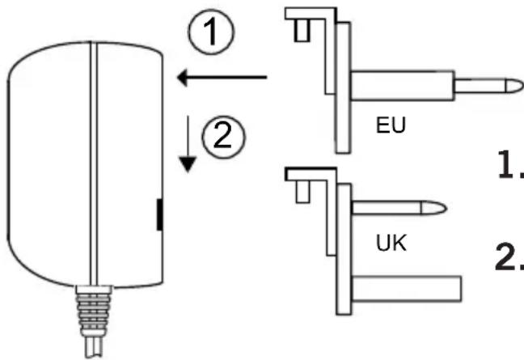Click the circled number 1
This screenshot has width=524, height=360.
[211, 32]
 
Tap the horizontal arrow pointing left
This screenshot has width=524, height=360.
[222, 78]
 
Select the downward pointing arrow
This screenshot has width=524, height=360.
[188, 144]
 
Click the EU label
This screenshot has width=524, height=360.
[391, 125]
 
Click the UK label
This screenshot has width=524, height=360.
[391, 243]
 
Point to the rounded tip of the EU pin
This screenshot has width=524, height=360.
[514, 86]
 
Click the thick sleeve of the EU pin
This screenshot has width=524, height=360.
[403, 86]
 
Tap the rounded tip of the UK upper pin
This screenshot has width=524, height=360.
[433, 208]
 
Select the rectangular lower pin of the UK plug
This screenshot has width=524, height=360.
[407, 289]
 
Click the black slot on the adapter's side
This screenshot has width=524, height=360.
[160, 214]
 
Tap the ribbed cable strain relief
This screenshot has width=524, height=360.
[94, 311]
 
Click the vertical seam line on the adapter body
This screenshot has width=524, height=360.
[94, 163]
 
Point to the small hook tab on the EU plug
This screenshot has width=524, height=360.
[302, 31]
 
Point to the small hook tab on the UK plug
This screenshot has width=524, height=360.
[302, 192]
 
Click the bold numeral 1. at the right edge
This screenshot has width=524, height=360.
[510, 164]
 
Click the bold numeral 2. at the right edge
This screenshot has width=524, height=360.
[509, 256]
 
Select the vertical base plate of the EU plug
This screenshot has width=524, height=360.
[343, 87]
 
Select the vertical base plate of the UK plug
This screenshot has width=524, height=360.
[344, 249]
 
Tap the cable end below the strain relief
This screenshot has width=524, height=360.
[94, 348]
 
